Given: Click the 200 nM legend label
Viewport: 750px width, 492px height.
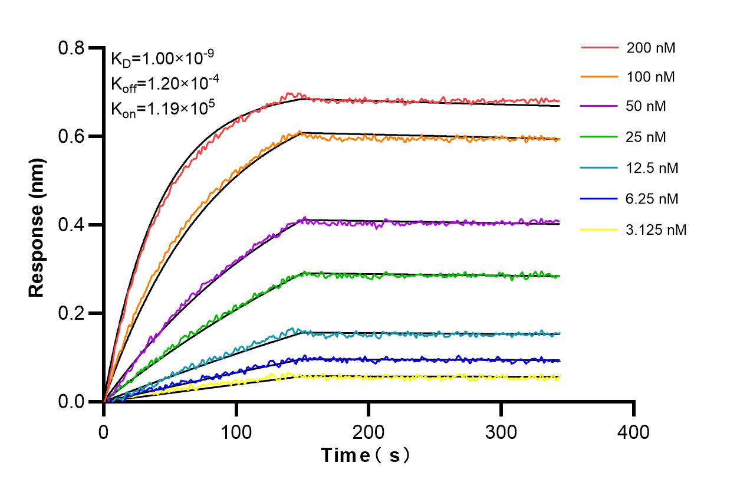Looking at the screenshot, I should click(x=651, y=48).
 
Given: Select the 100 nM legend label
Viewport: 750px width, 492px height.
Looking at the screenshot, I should click(x=651, y=77).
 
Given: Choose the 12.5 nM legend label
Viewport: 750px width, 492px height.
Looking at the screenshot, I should click(x=653, y=168).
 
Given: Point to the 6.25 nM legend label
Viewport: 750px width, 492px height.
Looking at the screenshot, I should click(x=653, y=199).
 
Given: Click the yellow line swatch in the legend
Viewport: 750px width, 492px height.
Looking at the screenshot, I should click(x=600, y=229).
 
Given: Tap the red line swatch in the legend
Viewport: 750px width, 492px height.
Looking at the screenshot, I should click(x=600, y=47).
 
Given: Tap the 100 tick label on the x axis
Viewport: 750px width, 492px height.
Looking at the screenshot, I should click(x=236, y=432).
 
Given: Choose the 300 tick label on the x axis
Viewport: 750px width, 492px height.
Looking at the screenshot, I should click(x=501, y=432).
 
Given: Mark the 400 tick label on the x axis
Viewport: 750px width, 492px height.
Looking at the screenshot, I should click(x=634, y=432).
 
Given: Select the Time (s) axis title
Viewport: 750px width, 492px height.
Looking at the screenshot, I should click(x=366, y=456).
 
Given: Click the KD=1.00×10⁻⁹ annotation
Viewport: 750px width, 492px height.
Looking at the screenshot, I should click(x=162, y=58).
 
